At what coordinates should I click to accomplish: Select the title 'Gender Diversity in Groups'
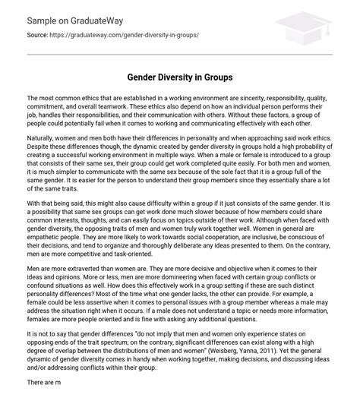(179, 77)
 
